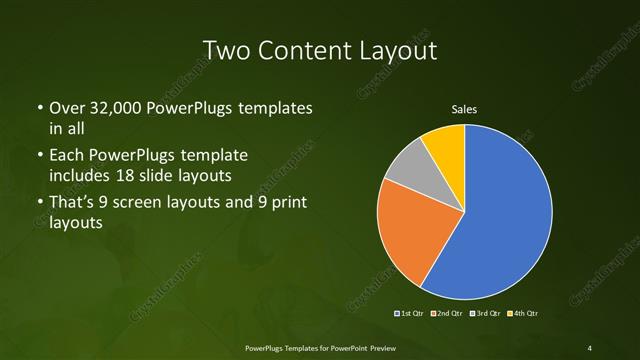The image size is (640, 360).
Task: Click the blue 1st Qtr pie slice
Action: pyautogui.click(x=500, y=220)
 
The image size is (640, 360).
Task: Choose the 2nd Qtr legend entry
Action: pyautogui.click(x=447, y=313)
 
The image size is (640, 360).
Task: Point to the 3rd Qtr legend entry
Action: pyautogui.click(x=484, y=313)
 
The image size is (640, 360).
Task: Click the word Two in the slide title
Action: pyautogui.click(x=227, y=49)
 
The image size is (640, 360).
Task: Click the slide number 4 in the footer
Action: pyautogui.click(x=589, y=347)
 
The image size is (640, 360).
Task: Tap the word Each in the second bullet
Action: pyautogui.click(x=68, y=156)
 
